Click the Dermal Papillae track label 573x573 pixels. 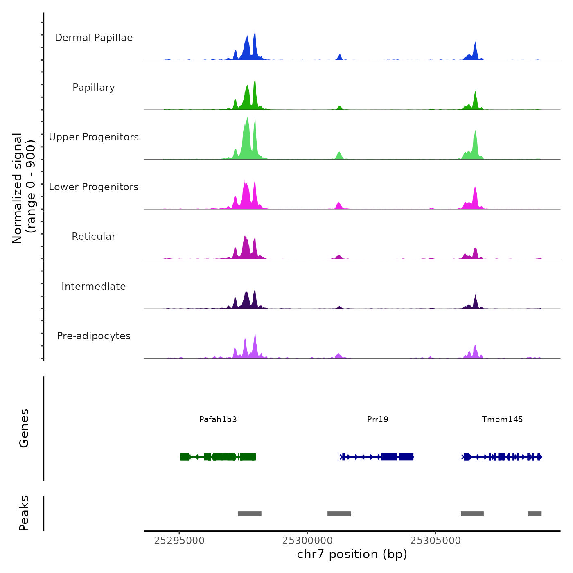94,38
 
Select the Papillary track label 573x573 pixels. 94,88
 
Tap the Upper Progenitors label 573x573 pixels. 94,137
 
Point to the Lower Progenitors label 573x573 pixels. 94,187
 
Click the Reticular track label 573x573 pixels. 94,237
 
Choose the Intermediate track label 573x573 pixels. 94,286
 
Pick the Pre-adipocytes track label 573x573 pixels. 94,336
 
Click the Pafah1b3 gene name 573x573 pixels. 218,419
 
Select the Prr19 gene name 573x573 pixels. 377,419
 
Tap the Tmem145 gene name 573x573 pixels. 502,419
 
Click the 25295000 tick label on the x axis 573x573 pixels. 179,541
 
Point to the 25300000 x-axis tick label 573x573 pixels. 307,541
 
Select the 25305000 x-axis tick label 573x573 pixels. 435,541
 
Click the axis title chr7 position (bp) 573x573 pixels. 352,555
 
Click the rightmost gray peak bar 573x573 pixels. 535,514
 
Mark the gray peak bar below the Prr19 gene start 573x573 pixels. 339,514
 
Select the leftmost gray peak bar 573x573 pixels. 249,514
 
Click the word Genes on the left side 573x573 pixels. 24,428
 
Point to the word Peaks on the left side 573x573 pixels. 24,513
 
